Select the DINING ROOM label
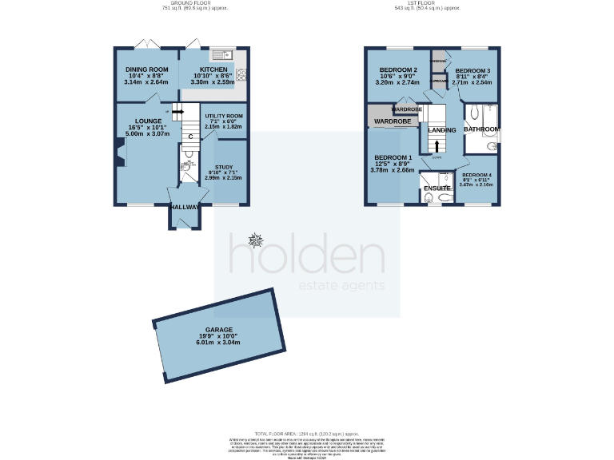click(146, 69)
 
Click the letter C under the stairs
click(190, 136)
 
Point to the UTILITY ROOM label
click(224, 117)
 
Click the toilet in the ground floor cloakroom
click(188, 166)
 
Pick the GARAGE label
click(218, 330)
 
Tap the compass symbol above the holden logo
click(256, 240)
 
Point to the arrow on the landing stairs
click(437, 145)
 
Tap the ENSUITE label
click(438, 188)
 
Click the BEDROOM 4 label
click(476, 175)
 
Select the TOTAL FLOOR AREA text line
click(306, 431)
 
